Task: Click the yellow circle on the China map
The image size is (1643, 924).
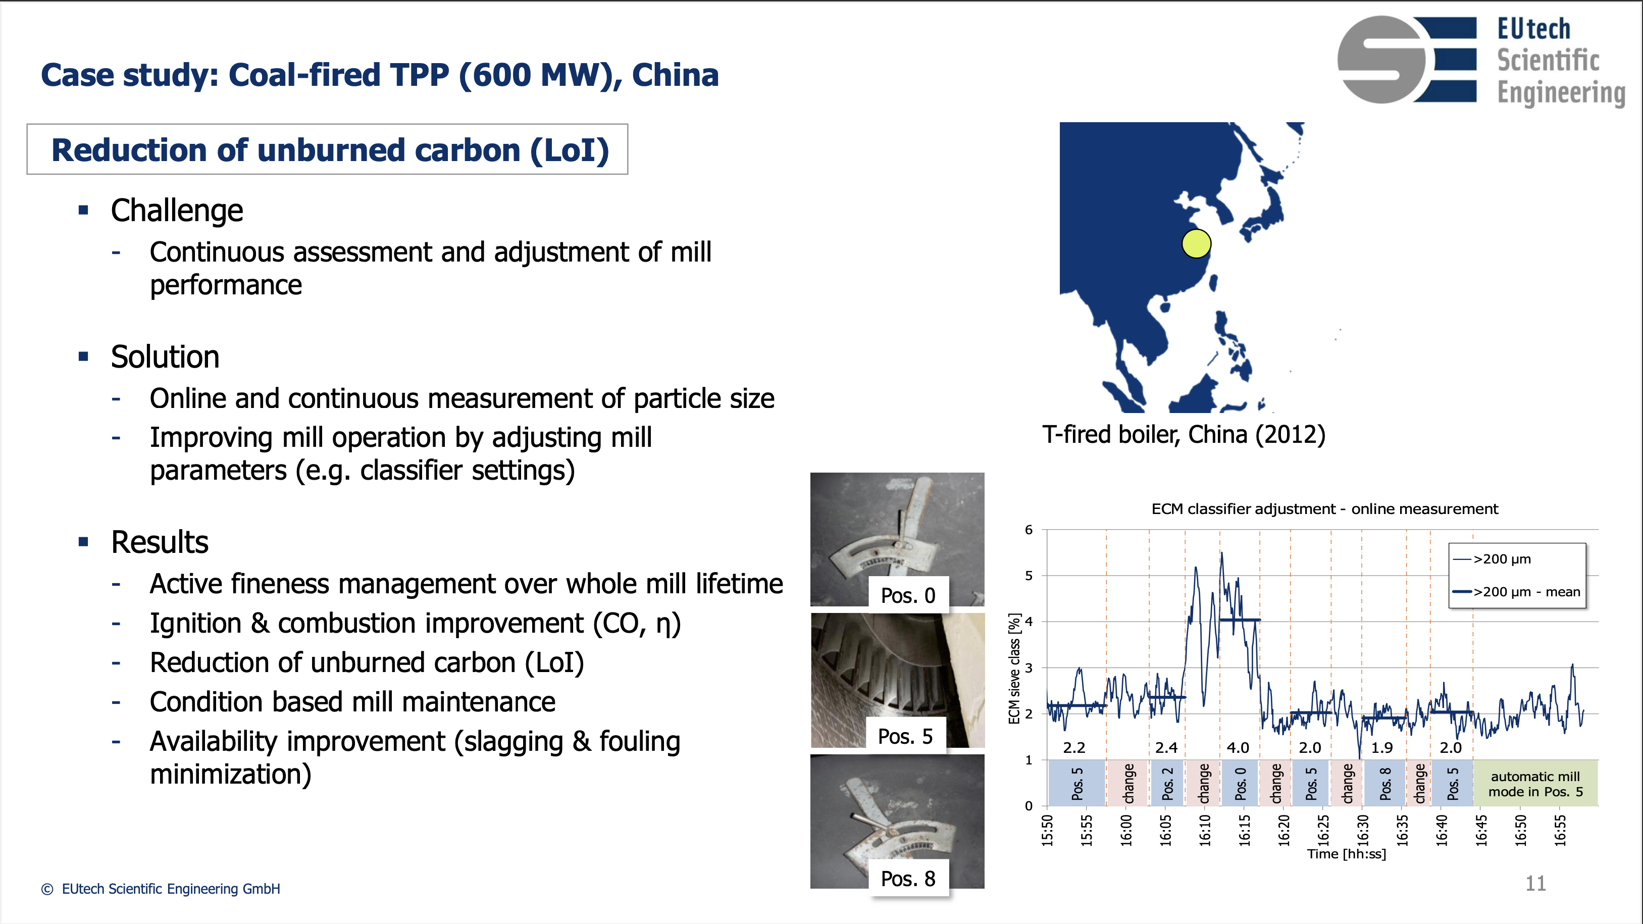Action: click(x=1196, y=243)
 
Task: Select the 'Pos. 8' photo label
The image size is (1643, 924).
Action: click(x=908, y=878)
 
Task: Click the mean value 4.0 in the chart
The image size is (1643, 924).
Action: click(x=1238, y=747)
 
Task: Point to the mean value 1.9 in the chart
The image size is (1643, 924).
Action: click(x=1382, y=747)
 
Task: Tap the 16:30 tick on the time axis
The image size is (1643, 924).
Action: click(x=1363, y=830)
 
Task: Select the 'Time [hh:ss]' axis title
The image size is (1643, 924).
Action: click(x=1347, y=854)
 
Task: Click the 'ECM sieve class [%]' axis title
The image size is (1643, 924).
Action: click(x=1014, y=669)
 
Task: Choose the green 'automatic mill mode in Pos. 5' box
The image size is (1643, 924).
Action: click(x=1535, y=783)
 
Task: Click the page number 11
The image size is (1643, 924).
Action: click(x=1535, y=883)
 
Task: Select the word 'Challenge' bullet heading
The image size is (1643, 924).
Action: click(x=177, y=211)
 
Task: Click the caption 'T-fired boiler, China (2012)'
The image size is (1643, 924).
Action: click(x=1184, y=434)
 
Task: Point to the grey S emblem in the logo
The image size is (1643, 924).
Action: click(x=1381, y=59)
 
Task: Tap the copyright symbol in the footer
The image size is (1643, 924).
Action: click(x=47, y=889)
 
